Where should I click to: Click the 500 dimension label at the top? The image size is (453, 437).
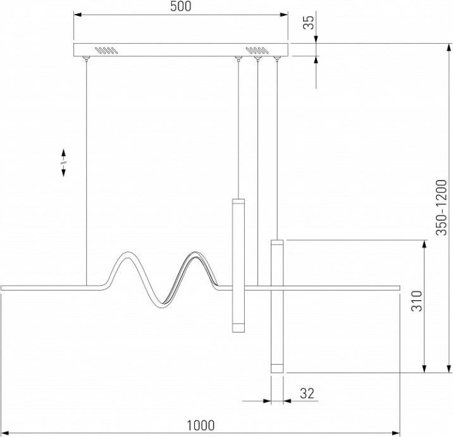180,6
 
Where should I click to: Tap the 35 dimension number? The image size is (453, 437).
309,22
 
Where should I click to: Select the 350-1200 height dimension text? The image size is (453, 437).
441,208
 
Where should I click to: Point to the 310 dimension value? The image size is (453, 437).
417,301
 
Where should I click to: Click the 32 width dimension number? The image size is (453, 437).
307,393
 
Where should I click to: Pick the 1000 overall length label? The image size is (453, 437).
201,426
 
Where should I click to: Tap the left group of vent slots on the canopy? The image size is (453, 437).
106,50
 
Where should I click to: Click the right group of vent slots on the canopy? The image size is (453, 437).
258,50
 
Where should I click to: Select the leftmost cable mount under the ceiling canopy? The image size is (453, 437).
86,58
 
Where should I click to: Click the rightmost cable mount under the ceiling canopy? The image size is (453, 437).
277,59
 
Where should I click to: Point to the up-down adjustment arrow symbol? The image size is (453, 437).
63,163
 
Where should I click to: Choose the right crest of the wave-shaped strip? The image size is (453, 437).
195,253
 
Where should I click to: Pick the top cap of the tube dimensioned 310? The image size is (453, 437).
277,243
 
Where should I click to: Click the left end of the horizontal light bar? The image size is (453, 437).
2,288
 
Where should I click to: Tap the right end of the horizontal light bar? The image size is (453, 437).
399,288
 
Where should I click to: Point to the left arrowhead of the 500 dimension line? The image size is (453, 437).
77,14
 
